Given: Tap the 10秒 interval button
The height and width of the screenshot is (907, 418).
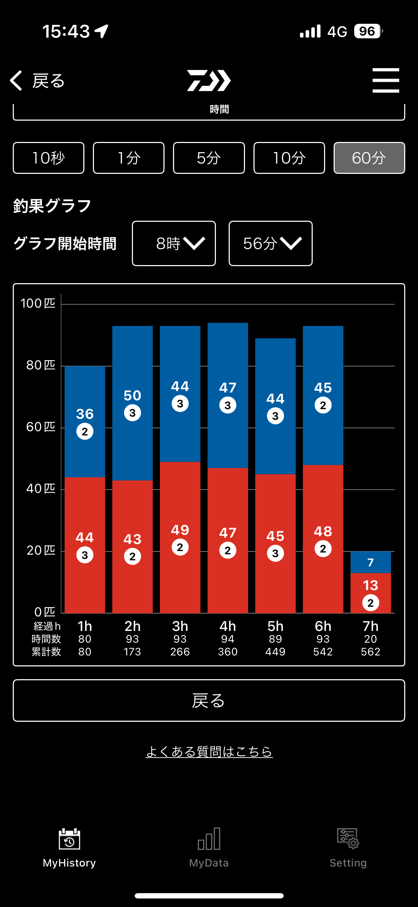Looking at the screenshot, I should [49, 158].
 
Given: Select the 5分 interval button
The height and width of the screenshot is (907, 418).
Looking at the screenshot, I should [209, 158].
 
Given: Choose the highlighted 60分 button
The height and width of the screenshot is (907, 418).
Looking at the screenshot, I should [369, 158].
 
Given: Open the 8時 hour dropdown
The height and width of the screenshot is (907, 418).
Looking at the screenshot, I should [174, 243].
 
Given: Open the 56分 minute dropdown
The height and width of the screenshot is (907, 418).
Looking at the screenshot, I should [271, 243].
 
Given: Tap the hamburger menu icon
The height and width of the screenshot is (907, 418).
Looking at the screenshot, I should [386, 81].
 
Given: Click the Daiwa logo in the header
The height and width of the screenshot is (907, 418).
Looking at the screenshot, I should [209, 81].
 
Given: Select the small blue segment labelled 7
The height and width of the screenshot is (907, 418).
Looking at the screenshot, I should [370, 562].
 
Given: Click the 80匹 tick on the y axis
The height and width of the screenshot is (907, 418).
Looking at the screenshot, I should [41, 365].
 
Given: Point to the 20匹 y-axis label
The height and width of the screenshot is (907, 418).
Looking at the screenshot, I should [41, 550].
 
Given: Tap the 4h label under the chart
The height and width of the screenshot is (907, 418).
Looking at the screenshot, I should [228, 626].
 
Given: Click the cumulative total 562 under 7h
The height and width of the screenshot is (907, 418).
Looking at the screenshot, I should [370, 652].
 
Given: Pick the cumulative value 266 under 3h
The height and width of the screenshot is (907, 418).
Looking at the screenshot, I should [180, 652].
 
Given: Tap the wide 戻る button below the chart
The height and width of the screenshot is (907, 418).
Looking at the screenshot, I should [209, 700].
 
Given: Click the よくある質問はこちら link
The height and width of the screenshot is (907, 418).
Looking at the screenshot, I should [209, 752].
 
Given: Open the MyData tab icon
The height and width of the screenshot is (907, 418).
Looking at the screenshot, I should [209, 839].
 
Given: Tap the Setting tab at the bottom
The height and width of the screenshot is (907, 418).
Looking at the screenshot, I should [348, 848].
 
